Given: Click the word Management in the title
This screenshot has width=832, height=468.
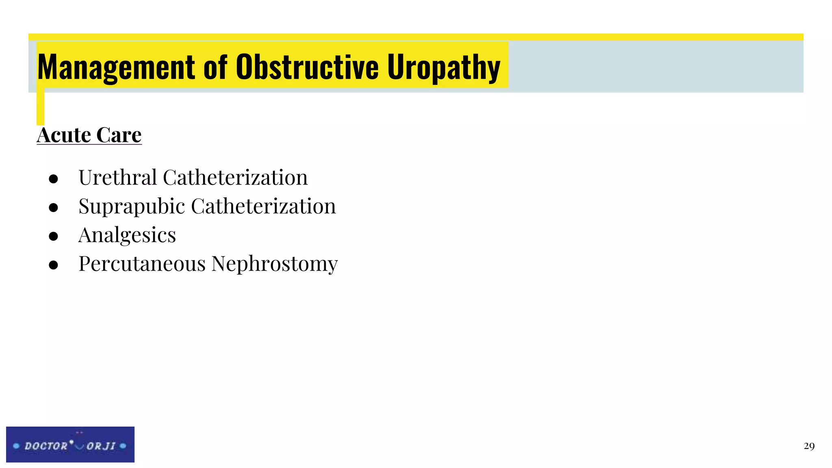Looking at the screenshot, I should [116, 67].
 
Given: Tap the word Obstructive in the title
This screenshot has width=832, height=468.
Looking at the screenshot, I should [307, 67].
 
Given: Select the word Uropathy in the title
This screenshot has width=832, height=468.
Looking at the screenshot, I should [443, 67].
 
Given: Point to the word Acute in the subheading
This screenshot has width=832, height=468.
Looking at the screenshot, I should [64, 135].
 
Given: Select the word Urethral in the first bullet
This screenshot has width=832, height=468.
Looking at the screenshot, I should [118, 178].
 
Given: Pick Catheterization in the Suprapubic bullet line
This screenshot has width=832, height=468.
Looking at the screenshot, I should [263, 206].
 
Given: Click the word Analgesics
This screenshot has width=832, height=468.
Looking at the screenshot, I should [127, 235].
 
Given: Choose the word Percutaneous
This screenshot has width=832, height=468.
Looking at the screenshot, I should [142, 264].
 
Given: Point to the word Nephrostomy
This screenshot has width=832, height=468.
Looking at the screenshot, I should [275, 264].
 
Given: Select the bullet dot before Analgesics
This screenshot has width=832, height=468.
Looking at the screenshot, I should [53, 236].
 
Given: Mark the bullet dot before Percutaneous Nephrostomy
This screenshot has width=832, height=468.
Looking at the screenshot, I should [53, 265].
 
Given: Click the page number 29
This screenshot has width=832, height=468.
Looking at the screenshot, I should [809, 446].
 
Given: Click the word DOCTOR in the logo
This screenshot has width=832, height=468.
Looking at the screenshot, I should [46, 446].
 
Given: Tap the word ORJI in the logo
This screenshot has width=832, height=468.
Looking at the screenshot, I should [101, 446].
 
